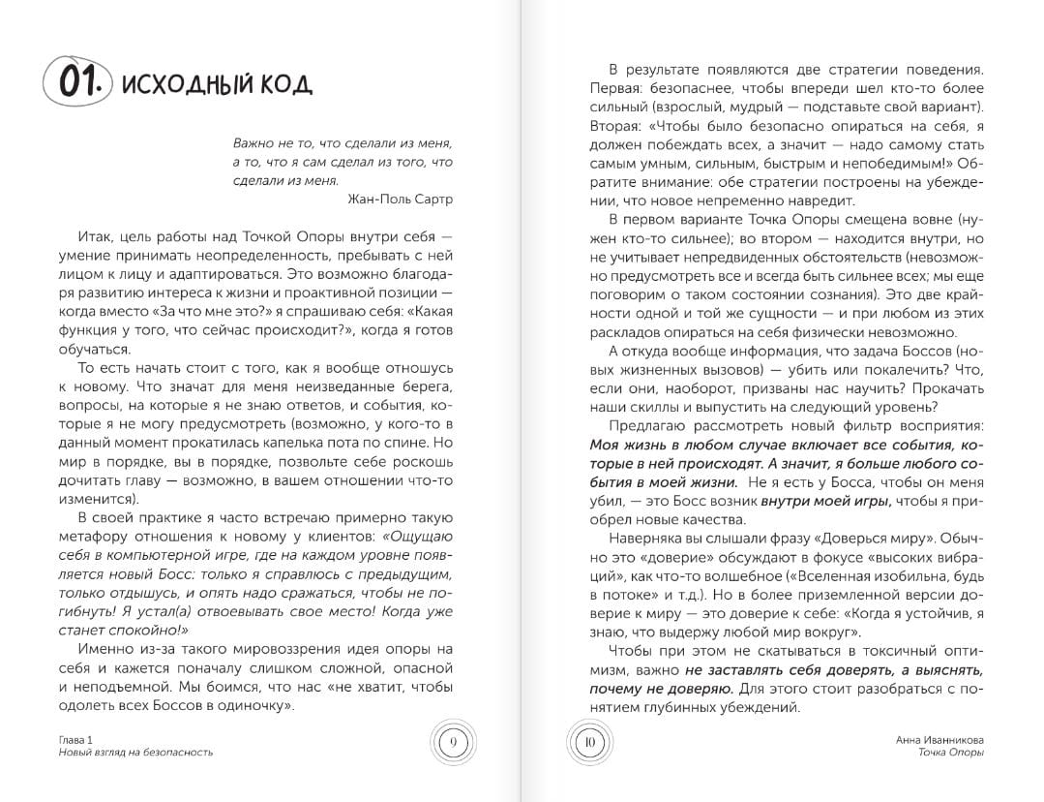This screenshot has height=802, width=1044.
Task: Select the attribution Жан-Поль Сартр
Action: tap(399, 199)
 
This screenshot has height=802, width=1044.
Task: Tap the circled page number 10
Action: tap(587, 744)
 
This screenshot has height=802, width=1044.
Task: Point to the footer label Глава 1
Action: tap(76, 739)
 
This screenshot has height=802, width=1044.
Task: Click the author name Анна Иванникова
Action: tap(940, 739)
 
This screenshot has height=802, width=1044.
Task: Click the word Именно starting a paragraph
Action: tap(106, 648)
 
